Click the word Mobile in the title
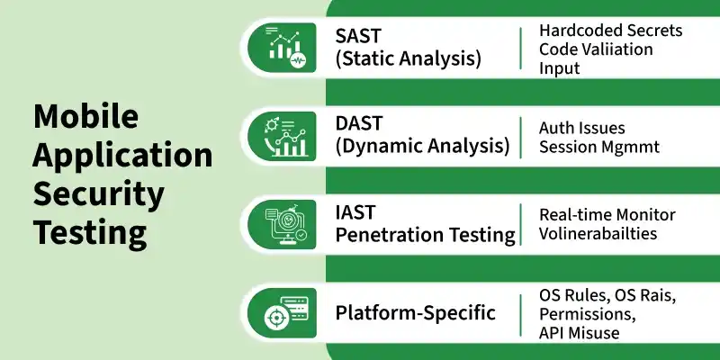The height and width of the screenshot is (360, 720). (85, 116)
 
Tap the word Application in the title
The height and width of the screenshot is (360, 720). (122, 156)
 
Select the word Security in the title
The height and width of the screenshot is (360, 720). (99, 194)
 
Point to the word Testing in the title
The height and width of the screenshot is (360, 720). (90, 233)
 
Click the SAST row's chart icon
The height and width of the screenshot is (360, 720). (282, 48)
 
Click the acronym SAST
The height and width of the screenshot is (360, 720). (358, 36)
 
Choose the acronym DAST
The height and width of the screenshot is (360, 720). (358, 123)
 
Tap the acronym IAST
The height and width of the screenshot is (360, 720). (355, 212)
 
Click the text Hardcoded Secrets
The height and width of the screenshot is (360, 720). (611, 31)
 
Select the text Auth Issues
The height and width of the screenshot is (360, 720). (581, 128)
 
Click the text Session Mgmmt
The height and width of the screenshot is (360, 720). (599, 147)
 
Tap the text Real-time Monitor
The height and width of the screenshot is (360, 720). (607, 214)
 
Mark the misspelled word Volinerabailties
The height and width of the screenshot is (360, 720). (598, 233)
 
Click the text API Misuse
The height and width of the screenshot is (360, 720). (579, 333)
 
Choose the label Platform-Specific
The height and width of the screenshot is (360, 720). (416, 313)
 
